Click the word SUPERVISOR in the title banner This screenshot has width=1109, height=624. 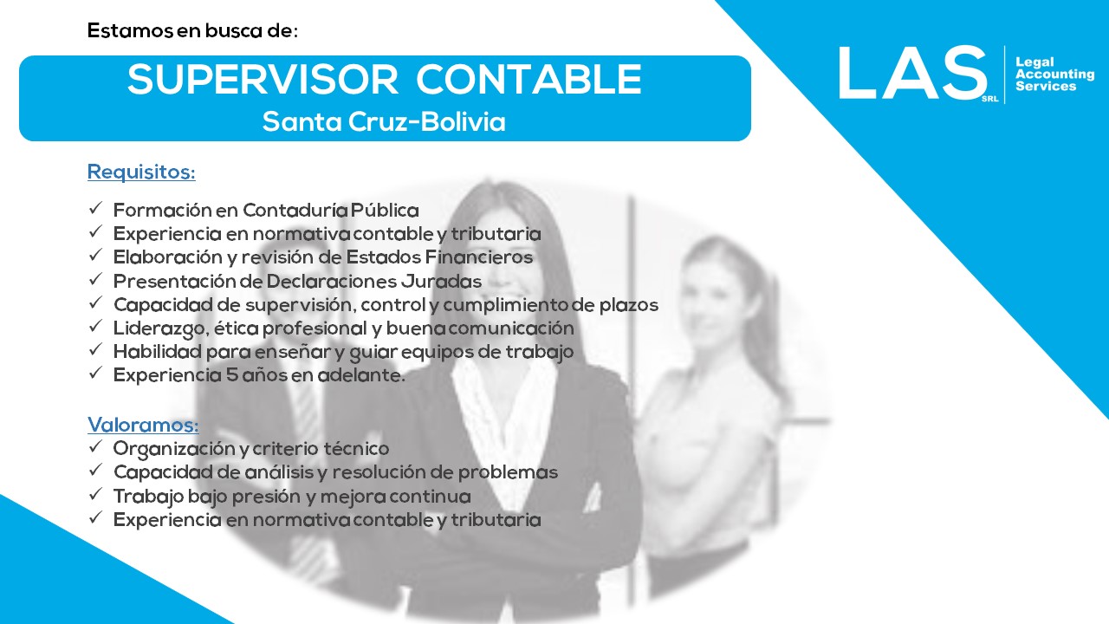point(263,79)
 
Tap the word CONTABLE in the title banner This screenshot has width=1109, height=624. point(529,79)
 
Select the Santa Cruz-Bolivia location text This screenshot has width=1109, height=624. point(384,122)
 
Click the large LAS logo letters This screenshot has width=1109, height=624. point(911,73)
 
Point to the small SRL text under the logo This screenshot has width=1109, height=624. point(989,99)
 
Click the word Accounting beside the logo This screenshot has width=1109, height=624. point(1054,75)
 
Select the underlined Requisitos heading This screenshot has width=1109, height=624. point(141,172)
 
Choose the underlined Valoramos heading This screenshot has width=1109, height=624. point(143,425)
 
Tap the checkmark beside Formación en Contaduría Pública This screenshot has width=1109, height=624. point(95,208)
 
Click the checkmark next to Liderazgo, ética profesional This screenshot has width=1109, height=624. point(95,326)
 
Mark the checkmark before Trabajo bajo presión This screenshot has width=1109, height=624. point(95,494)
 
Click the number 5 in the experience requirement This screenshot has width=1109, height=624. point(231,375)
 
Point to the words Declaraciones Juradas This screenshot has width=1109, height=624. point(373,282)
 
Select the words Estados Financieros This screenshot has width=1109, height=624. point(439,257)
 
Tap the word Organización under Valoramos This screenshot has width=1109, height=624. point(173,449)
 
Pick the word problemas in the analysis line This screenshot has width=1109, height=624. point(508,472)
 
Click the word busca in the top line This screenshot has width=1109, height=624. point(233,30)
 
